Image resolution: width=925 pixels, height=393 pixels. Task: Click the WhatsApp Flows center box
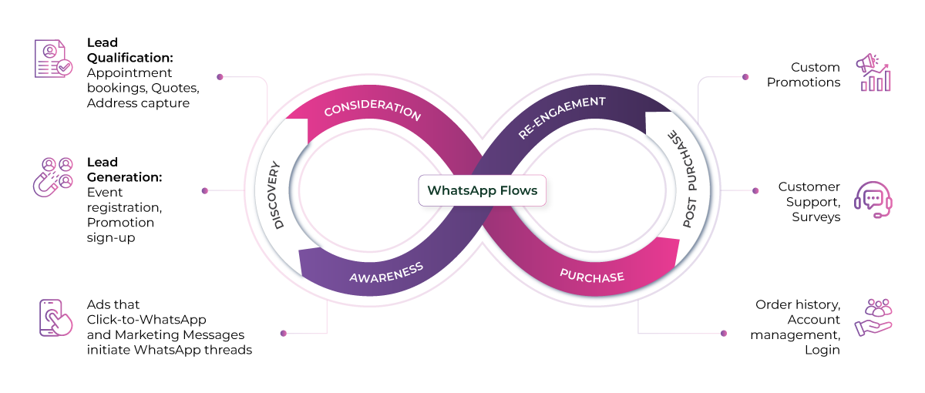[482, 191]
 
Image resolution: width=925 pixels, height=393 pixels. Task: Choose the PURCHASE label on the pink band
[592, 274]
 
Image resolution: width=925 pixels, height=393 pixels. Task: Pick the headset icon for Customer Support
[873, 200]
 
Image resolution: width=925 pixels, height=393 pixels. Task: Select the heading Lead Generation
[124, 170]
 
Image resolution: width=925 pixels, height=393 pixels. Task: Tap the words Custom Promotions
[803, 75]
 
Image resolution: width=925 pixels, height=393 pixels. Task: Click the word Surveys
[816, 217]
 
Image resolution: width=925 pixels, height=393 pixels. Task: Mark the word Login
[823, 349]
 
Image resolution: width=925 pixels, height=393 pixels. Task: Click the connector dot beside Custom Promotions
[745, 77]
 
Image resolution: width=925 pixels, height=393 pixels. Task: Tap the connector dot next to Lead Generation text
[204, 190]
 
